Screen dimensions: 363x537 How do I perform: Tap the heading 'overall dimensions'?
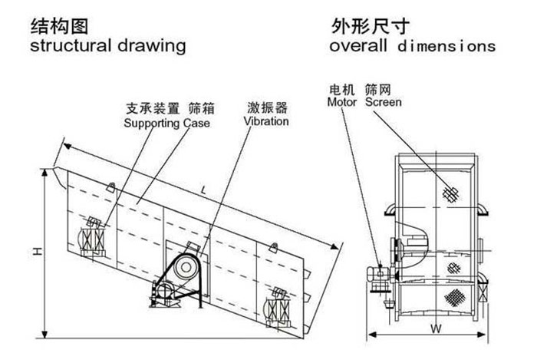pos(412,46)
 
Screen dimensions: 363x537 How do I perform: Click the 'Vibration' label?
pos(266,121)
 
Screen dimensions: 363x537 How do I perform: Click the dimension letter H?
pos(37,251)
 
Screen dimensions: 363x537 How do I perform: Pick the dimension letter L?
pos(201,189)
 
